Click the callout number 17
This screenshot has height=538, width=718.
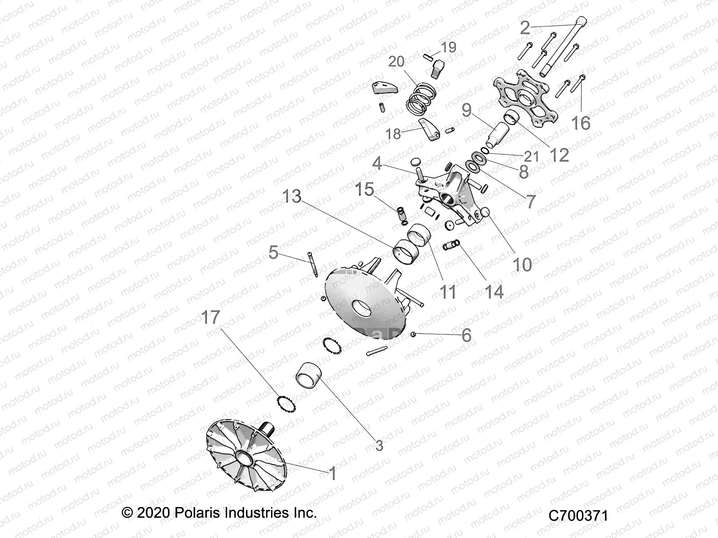(x=210, y=317)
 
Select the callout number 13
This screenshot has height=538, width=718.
(x=292, y=196)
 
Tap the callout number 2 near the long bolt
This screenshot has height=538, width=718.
(x=525, y=28)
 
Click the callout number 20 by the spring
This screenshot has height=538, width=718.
(x=396, y=61)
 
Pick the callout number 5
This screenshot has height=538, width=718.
(x=273, y=252)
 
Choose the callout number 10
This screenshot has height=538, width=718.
(x=522, y=265)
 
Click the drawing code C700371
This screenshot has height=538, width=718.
(x=578, y=516)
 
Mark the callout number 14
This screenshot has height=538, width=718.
(x=494, y=291)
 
